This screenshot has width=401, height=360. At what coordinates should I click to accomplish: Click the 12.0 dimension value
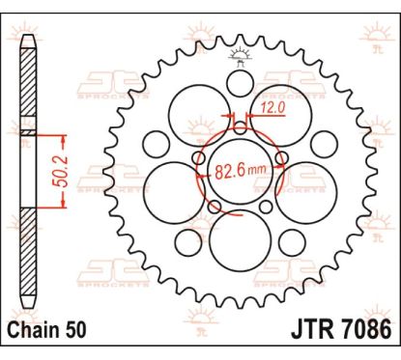[x=272, y=108]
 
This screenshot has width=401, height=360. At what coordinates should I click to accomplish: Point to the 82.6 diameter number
[x=229, y=172]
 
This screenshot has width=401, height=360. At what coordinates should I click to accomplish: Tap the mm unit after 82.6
[x=257, y=169]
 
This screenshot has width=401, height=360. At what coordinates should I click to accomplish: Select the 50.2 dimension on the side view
[x=60, y=172]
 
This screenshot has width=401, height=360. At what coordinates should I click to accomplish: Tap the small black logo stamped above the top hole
[x=240, y=57]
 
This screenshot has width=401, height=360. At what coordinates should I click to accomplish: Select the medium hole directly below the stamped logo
[x=240, y=84]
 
